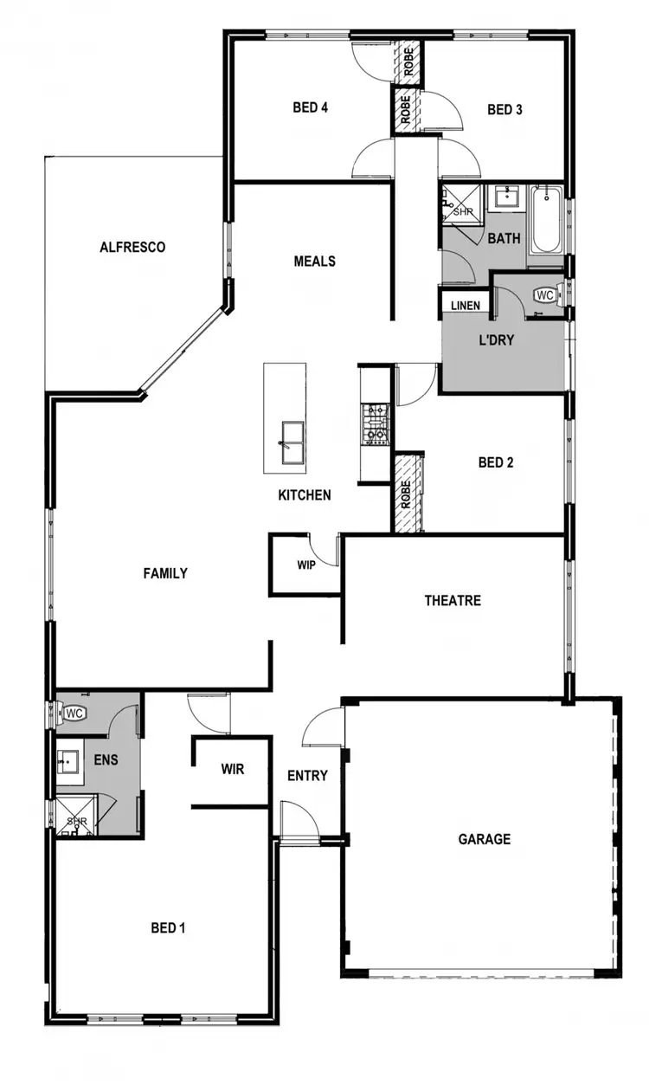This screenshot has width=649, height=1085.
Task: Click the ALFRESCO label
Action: pyautogui.click(x=132, y=247)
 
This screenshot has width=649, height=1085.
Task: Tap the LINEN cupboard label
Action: pyautogui.click(x=466, y=306)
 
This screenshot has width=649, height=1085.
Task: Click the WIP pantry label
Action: pyautogui.click(x=305, y=565)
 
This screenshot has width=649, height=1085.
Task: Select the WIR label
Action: pyautogui.click(x=232, y=769)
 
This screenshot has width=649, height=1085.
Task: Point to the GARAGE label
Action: pyautogui.click(x=484, y=838)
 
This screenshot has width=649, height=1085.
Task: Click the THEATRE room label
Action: pyautogui.click(x=452, y=600)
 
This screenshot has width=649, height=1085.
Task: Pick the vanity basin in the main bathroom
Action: pyautogui.click(x=503, y=197)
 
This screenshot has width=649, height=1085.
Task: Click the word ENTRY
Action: pyautogui.click(x=307, y=775)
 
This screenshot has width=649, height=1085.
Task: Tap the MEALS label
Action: pyautogui.click(x=314, y=261)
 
